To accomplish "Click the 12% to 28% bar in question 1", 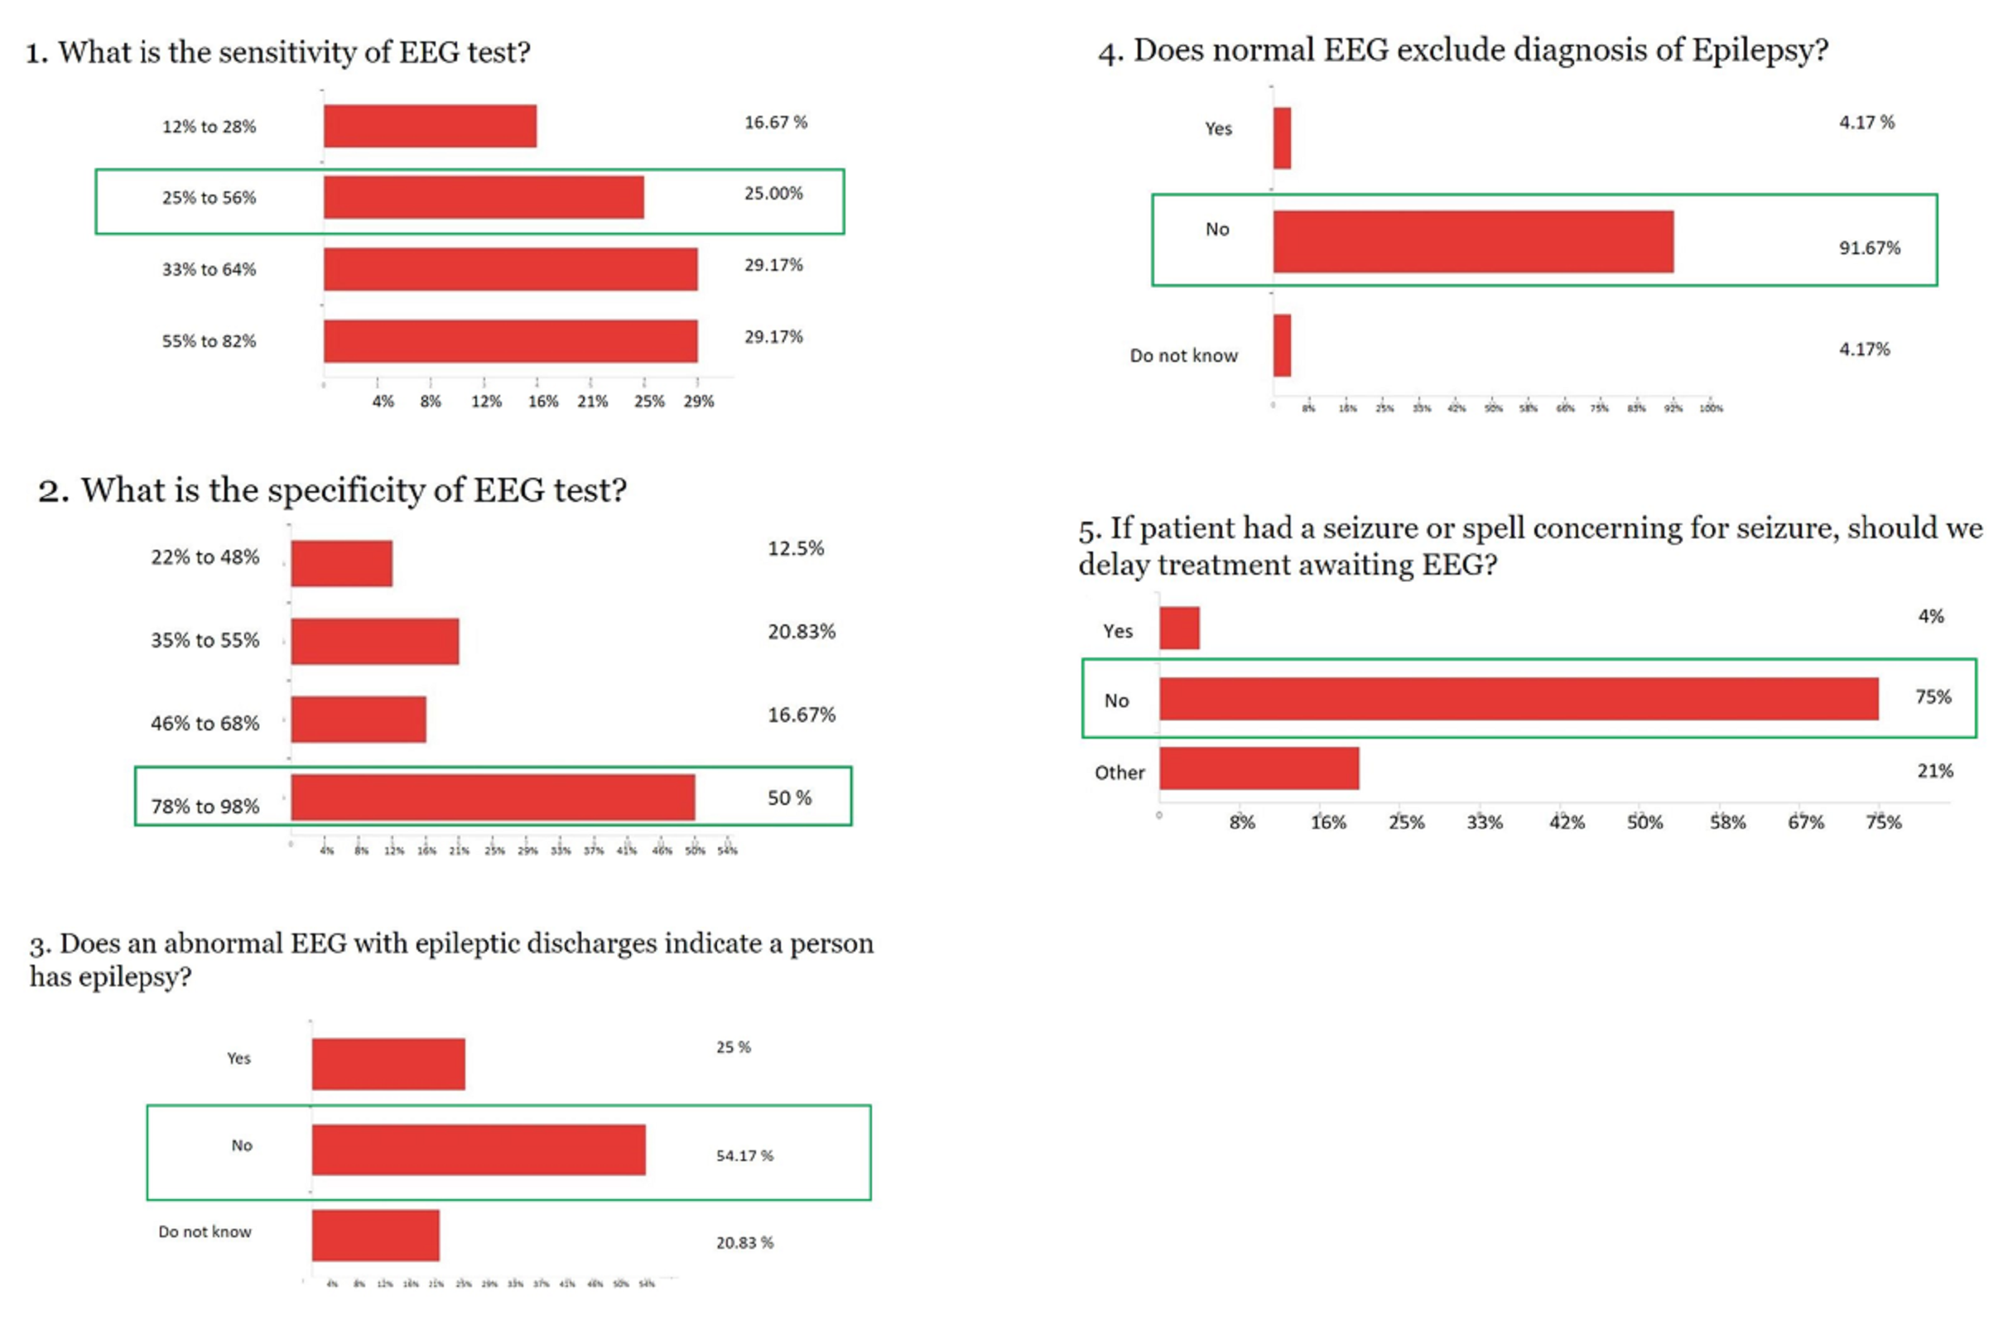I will pyautogui.click(x=429, y=126).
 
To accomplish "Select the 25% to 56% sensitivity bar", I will pyautogui.click(x=484, y=197).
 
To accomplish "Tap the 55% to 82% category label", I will pyautogui.click(x=209, y=341).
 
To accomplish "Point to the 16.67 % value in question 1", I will pyautogui.click(x=775, y=123).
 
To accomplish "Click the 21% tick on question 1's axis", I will pyautogui.click(x=591, y=402).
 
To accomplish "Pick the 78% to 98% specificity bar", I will pyautogui.click(x=493, y=797).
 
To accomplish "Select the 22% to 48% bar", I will pyautogui.click(x=341, y=564).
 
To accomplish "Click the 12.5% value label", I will pyautogui.click(x=795, y=548).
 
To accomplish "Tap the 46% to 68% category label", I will pyautogui.click(x=205, y=723).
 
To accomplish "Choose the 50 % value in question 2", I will pyautogui.click(x=788, y=797).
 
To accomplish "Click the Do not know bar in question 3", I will pyautogui.click(x=375, y=1235).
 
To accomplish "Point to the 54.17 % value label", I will pyautogui.click(x=744, y=1155).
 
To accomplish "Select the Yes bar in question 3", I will pyautogui.click(x=388, y=1064).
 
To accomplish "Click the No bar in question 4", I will pyautogui.click(x=1472, y=242).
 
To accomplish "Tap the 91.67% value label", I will pyautogui.click(x=1869, y=248).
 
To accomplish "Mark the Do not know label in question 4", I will pyautogui.click(x=1182, y=356).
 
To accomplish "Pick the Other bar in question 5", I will pyautogui.click(x=1259, y=768).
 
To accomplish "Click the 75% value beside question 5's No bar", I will pyautogui.click(x=1933, y=697).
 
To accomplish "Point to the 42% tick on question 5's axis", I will pyautogui.click(x=1565, y=822).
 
